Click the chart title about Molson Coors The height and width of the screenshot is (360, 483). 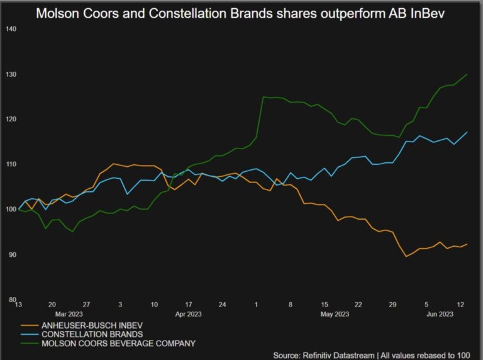pos(240,13)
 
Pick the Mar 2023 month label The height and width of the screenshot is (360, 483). pos(70,313)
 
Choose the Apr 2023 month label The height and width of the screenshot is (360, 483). pos(188,313)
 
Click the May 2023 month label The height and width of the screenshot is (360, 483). pos(335,313)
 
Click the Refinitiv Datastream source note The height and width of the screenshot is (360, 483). pos(371,355)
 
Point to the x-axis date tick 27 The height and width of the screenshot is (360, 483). pos(86,303)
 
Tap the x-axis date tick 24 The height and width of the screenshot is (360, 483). pos(222,303)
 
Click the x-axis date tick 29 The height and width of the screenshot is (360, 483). pos(392,303)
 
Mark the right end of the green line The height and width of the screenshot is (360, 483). pos(467,74)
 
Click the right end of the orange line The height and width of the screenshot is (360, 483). pos(467,244)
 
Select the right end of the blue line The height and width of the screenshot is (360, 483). pos(467,132)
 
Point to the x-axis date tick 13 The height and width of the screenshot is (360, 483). pos(19,303)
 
